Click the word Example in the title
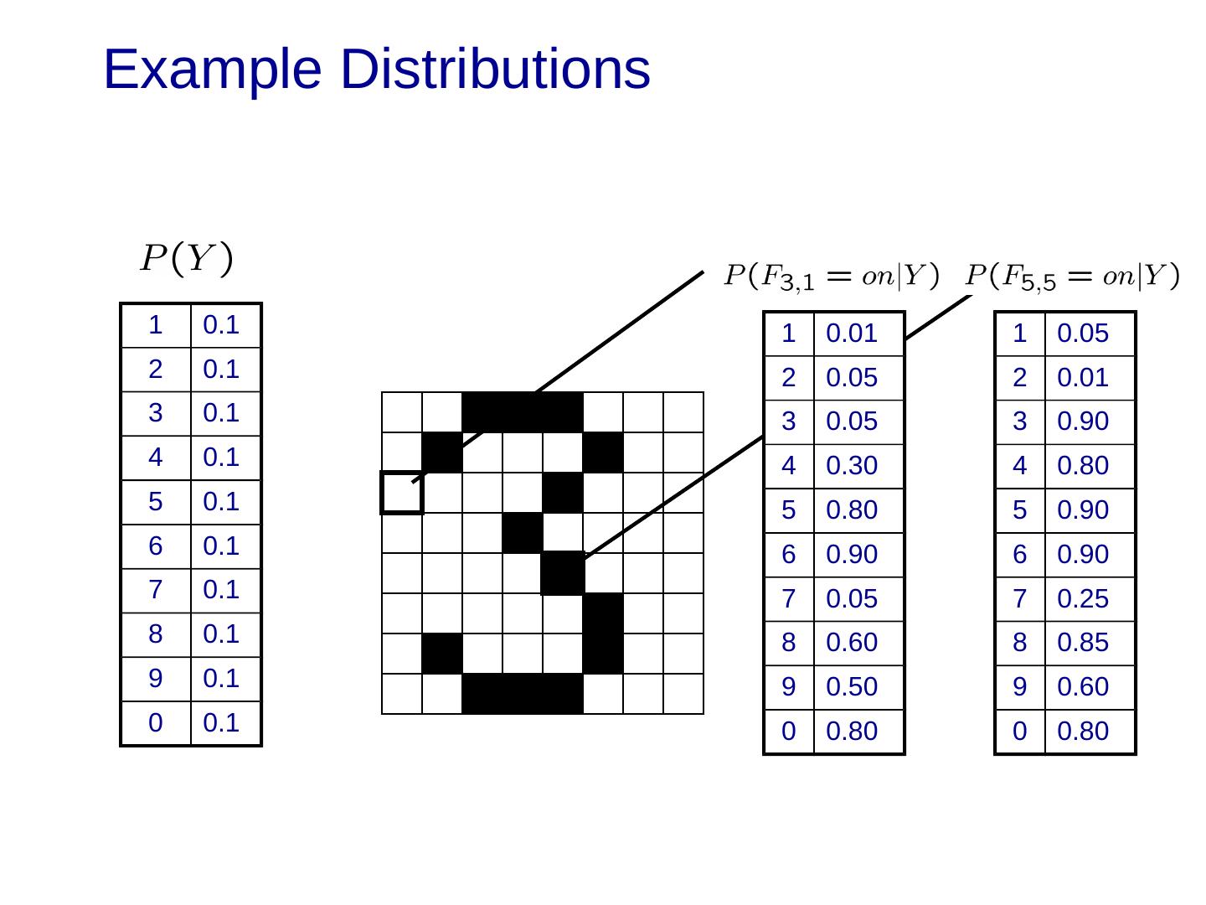click(x=212, y=70)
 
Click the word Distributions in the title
click(x=495, y=70)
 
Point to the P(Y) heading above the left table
click(x=186, y=258)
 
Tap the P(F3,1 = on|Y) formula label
click(x=832, y=277)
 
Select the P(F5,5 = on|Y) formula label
click(x=1073, y=277)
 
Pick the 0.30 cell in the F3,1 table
click(x=851, y=466)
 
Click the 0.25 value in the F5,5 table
click(x=1082, y=599)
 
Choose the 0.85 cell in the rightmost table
click(x=1082, y=643)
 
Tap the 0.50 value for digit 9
click(x=851, y=687)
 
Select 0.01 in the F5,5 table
click(x=1082, y=378)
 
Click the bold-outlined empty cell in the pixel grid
click(x=402, y=493)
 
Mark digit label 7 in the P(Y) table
click(x=156, y=590)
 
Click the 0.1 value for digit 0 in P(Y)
click(x=221, y=722)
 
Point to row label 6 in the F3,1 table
click(x=789, y=555)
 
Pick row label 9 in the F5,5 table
click(x=1019, y=687)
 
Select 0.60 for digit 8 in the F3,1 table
click(x=851, y=643)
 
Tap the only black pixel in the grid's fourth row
click(x=523, y=533)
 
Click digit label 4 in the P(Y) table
click(x=156, y=458)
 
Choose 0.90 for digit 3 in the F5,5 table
click(x=1082, y=421)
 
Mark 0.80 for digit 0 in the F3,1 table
click(x=851, y=732)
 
